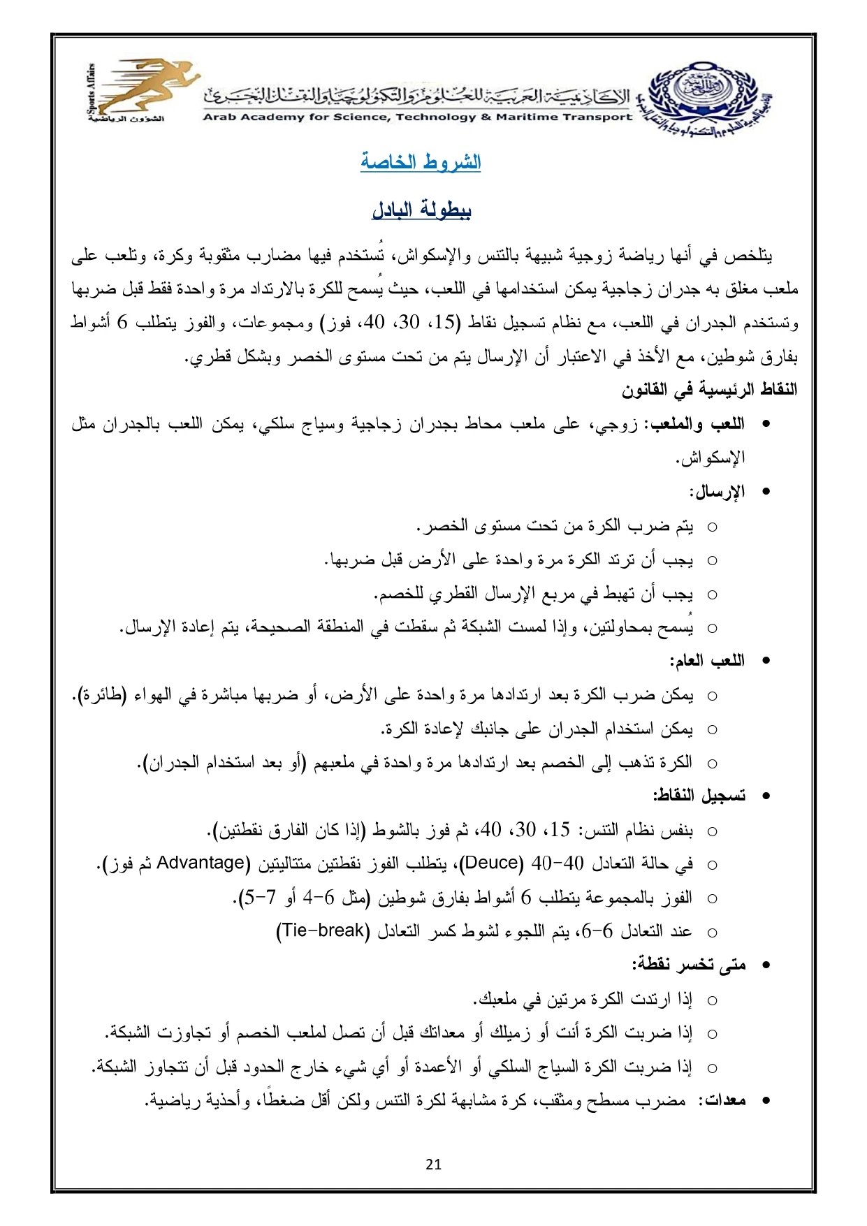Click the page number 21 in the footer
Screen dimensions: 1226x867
point(433,1164)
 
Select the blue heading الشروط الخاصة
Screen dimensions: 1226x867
point(421,162)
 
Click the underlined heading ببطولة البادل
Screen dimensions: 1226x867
point(421,210)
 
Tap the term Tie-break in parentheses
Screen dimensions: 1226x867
point(322,931)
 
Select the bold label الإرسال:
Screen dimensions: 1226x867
point(717,492)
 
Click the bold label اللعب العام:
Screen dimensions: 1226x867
point(707,661)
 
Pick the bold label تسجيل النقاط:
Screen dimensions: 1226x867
point(699,796)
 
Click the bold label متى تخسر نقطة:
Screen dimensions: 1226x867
point(689,965)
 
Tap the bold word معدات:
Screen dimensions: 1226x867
point(725,1100)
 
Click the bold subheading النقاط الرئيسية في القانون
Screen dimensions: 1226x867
point(709,389)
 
